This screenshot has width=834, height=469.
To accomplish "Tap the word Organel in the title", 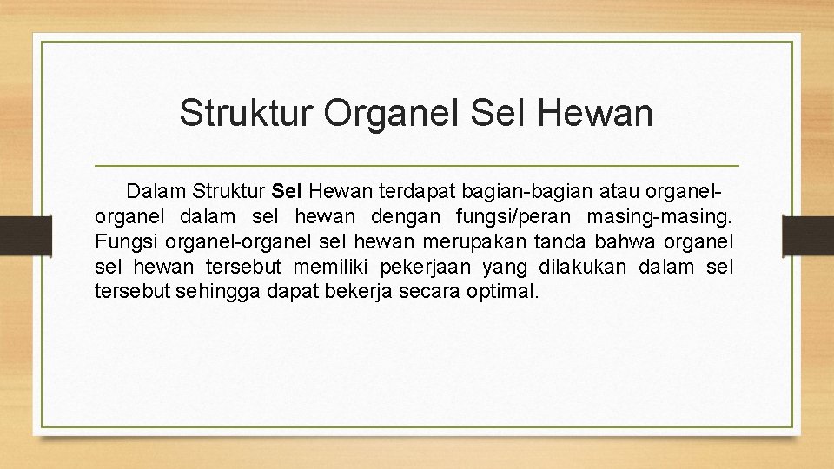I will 392,114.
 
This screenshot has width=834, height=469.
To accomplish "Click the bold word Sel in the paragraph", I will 286,189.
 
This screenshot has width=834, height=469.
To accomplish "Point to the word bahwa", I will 632,239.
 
